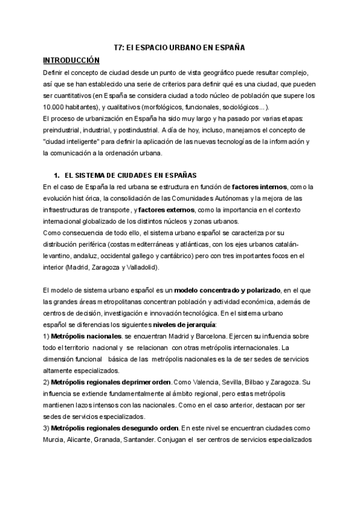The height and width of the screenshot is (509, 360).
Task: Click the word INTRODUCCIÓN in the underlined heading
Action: pos(71,60)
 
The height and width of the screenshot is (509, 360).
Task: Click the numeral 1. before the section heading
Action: pos(57,175)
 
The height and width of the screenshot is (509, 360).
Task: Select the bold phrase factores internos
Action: pos(260,187)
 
